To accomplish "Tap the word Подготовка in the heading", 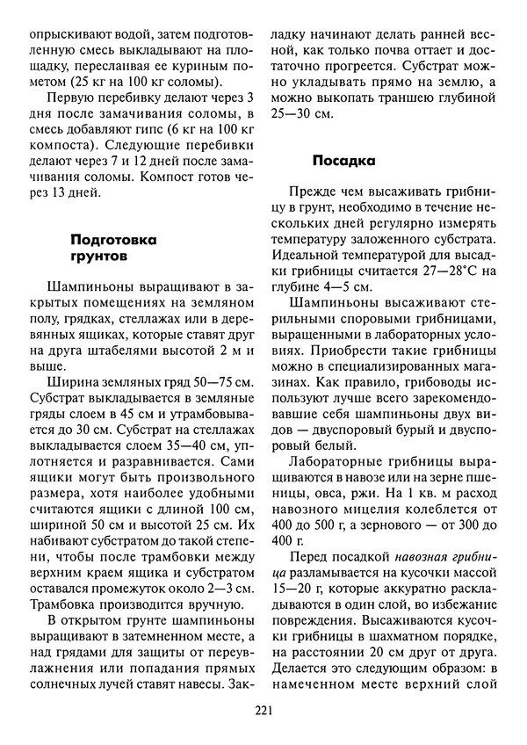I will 112,238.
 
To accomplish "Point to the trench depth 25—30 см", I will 300,113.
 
